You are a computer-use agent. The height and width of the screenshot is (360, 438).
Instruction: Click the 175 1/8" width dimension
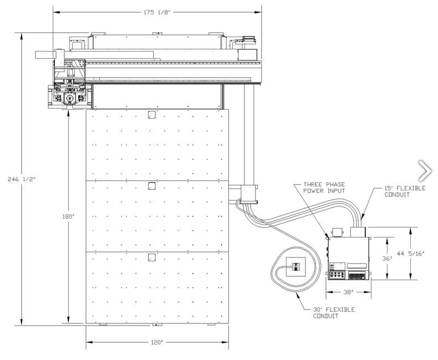[157, 12]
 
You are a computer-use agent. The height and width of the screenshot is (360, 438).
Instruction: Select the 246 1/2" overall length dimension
[22, 179]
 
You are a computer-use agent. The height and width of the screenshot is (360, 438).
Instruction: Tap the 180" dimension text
[68, 216]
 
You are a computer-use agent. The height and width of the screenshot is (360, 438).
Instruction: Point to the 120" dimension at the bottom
[157, 342]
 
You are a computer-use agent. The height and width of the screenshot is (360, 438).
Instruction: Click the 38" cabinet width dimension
[348, 292]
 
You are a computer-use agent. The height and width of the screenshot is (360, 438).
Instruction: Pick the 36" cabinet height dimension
[387, 258]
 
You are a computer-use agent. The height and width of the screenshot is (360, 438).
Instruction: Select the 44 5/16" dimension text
[411, 253]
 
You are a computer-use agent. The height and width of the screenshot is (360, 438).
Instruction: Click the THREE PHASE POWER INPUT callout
[324, 187]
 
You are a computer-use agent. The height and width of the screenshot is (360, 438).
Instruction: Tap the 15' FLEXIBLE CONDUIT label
[405, 191]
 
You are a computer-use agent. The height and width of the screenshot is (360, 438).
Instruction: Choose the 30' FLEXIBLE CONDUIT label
[334, 313]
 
